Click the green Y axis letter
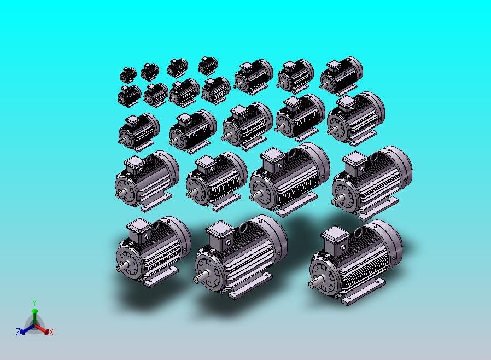point(34,303)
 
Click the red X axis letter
point(51,332)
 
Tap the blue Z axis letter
point(18,332)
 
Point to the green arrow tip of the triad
point(34,311)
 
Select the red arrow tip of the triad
point(46,332)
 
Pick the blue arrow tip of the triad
point(22,332)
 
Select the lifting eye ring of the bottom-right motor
point(359,233)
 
